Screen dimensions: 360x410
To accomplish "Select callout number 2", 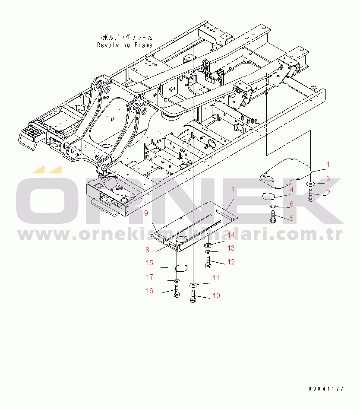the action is coord(328,193).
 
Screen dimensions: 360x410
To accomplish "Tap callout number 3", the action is coord(328,178).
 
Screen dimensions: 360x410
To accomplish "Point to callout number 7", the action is coord(233,190).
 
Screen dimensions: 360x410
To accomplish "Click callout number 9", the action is coord(146,213).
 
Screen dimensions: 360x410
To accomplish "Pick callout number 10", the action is coord(216,296).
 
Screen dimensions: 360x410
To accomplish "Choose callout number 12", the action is coord(231,262).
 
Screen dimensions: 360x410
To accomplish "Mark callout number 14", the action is coord(231,235).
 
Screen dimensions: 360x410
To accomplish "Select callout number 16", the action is coord(149,291).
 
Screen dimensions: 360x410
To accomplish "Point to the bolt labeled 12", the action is coord(208,261).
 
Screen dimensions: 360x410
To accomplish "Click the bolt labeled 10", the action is coord(193,296).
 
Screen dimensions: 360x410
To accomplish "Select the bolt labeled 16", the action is coord(177,292).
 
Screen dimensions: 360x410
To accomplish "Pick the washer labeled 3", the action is coord(311,184).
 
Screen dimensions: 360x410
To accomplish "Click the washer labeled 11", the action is coord(193,285).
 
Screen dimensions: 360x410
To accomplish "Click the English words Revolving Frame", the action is coord(125,45).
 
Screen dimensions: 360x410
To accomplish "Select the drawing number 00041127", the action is coord(326,389).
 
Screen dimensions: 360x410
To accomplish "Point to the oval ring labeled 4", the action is coord(268,196).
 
